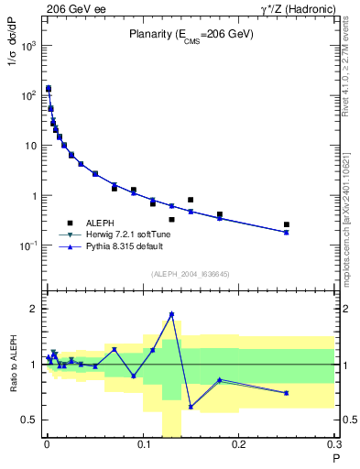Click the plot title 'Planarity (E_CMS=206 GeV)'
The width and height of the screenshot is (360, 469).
[191, 34]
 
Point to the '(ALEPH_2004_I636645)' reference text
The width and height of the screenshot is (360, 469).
[191, 274]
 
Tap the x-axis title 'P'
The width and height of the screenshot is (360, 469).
[335, 459]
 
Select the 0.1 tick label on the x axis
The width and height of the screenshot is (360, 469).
[144, 446]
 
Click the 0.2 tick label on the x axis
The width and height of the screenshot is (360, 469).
[240, 446]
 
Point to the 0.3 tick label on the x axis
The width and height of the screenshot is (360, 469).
[335, 446]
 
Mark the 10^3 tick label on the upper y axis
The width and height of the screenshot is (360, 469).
[27, 46]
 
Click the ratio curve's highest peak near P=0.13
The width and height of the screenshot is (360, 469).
[171, 314]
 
